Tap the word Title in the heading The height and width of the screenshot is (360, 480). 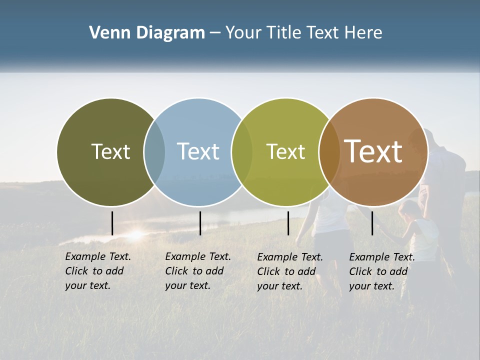283,33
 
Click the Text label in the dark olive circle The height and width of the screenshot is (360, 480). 110,151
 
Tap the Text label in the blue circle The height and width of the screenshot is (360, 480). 198,151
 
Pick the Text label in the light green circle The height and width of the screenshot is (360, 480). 285,151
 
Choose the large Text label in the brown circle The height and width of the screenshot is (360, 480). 373,151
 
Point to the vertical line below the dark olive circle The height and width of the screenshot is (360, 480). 112,223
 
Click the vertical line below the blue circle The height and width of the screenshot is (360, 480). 200,223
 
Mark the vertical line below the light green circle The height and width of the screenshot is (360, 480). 288,223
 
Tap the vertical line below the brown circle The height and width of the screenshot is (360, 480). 372,223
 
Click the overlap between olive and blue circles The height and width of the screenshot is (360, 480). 154,152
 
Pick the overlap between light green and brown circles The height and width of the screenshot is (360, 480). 329,152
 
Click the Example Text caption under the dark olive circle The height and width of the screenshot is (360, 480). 98,271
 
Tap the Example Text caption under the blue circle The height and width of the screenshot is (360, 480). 198,271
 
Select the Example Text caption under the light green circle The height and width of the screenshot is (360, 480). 290,271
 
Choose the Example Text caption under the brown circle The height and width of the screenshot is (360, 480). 382,271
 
